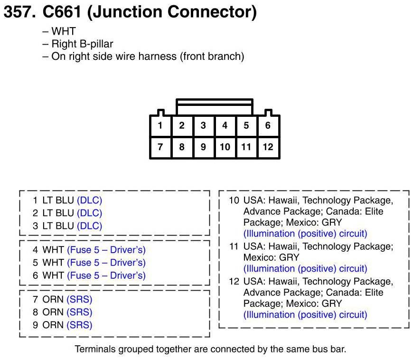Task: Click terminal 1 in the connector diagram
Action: coord(160,126)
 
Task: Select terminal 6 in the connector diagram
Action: coord(268,126)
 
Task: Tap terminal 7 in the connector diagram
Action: coord(160,147)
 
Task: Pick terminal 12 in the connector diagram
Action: coord(268,147)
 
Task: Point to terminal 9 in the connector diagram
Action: coord(203,147)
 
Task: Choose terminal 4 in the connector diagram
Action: coord(225,126)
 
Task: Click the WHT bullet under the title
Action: coord(64,32)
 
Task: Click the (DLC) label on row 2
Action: coord(89,213)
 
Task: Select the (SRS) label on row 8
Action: coord(79,313)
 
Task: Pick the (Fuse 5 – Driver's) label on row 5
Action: coord(106,263)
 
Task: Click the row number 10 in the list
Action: coord(234,200)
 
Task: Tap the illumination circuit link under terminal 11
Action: coord(305,268)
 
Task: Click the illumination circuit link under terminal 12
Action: coord(305,314)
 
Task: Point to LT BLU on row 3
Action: coord(58,226)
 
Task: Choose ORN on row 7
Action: coord(53,300)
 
